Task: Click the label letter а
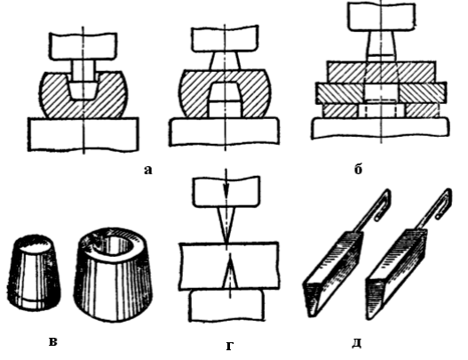coord(148,171)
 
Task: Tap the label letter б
coord(358,169)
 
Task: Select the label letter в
coord(52,341)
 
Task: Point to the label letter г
coord(229,346)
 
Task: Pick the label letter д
coord(357,343)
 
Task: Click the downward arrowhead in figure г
coord(226,191)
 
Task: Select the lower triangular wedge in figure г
coord(230,274)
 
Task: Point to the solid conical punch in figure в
coord(34,273)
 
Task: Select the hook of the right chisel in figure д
coord(445,204)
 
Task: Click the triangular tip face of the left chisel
coord(313,297)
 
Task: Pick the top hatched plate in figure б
coord(381,72)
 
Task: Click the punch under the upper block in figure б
coord(381,45)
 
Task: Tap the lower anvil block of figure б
coord(380,128)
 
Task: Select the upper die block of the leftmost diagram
coord(83,46)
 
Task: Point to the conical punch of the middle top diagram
coord(225,61)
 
